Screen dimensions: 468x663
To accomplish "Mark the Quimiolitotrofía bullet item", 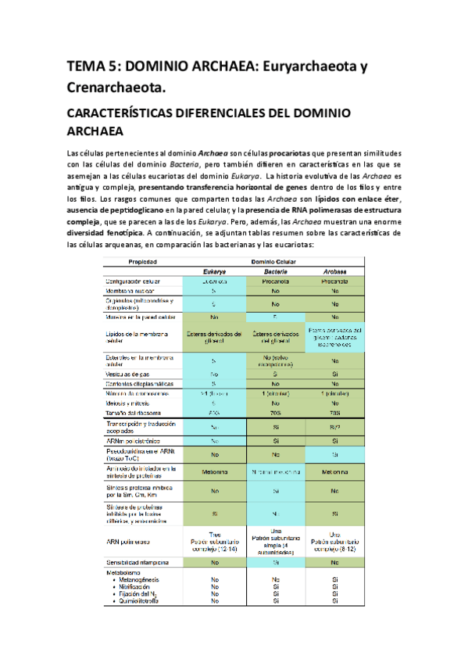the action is [x=143, y=601].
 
